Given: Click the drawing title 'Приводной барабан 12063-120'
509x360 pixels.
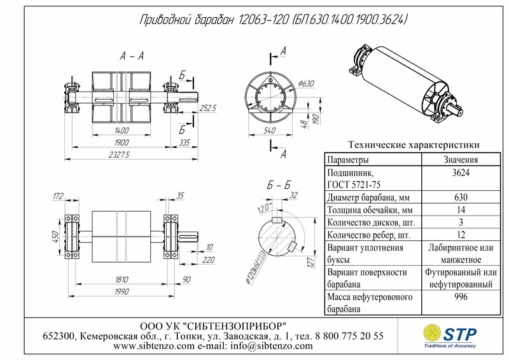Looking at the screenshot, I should (210, 22).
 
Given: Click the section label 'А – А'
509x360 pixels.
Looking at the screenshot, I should (132, 57).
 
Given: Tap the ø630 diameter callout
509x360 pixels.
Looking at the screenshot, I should (307, 83).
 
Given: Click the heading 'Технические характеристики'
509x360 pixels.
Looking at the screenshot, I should (410, 145).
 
